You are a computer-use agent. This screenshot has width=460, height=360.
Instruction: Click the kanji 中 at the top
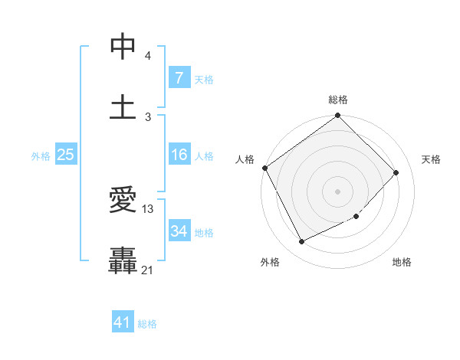123,46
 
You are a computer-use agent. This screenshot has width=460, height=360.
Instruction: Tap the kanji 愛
123,200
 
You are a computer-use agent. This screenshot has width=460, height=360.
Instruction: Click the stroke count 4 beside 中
147,57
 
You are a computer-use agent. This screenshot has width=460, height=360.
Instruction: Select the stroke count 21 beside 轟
148,269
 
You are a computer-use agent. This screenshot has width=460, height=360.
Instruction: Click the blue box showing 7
179,78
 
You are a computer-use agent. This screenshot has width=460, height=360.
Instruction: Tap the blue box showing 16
179,155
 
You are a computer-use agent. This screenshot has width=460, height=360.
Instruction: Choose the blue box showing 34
179,231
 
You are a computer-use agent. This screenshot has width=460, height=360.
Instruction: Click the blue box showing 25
65,155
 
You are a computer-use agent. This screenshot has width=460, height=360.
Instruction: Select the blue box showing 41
123,322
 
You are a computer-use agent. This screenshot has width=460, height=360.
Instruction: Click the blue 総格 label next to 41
147,324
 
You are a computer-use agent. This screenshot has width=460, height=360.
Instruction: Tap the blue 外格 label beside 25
41,156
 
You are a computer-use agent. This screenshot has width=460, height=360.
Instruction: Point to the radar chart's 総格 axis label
338,100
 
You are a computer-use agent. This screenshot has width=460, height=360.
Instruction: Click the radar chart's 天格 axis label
432,159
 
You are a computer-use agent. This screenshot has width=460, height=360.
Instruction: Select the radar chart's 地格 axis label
402,262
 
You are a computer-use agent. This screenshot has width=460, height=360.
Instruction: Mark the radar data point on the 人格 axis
265,168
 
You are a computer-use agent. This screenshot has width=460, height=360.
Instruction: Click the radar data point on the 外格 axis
301,242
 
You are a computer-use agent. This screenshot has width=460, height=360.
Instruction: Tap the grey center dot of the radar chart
338,191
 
